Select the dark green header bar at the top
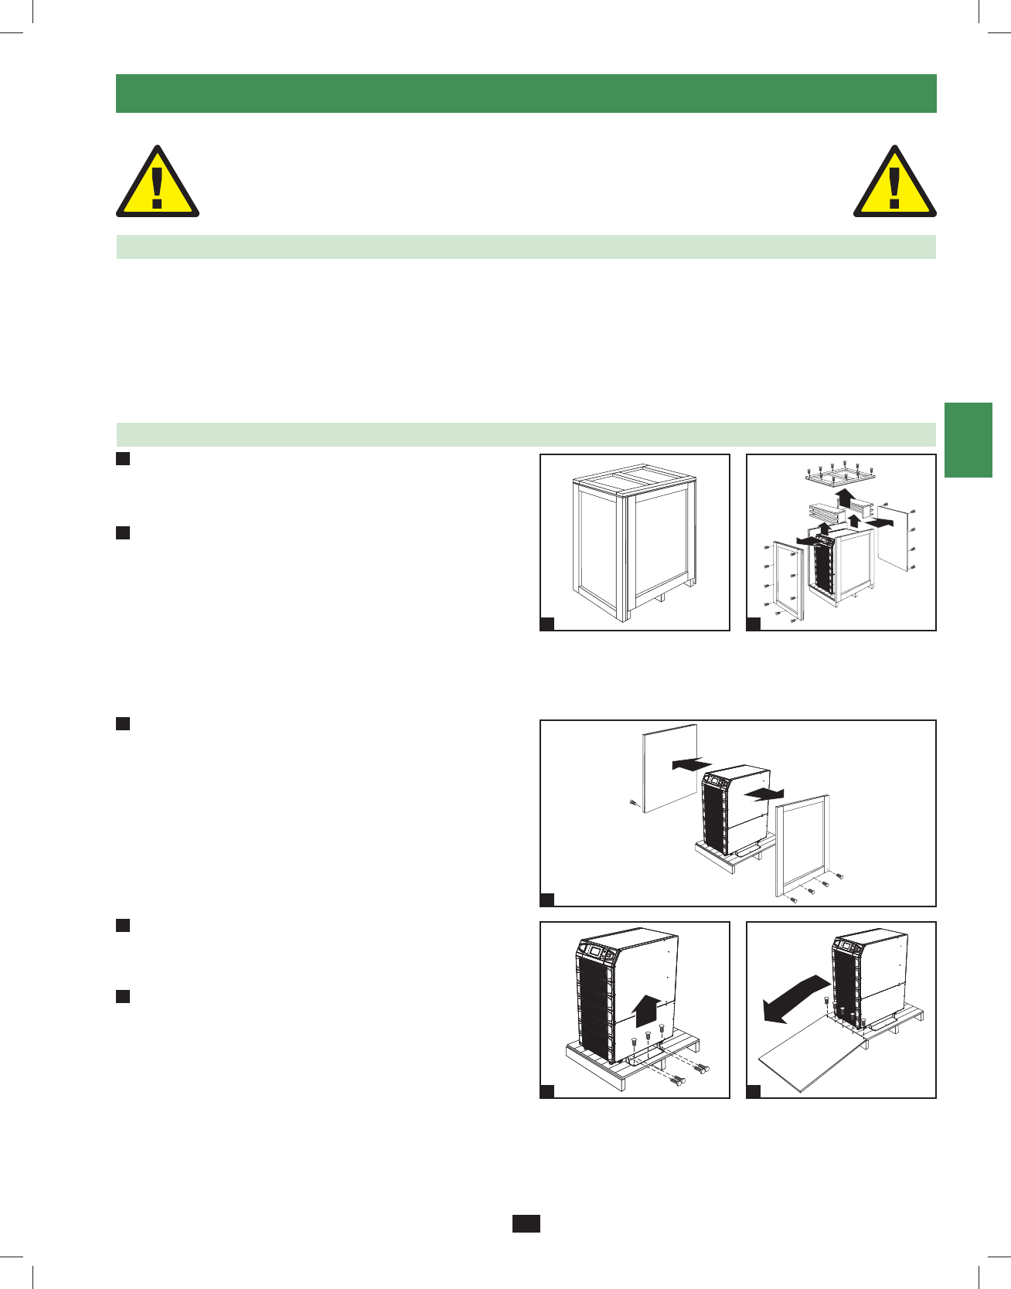[526, 94]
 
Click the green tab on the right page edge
[968, 440]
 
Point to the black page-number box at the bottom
[526, 1223]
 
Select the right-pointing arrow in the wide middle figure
[763, 794]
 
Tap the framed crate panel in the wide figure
[802, 844]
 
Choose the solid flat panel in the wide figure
[670, 768]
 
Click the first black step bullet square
[122, 459]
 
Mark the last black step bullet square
[122, 996]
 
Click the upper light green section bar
[526, 247]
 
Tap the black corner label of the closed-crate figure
[546, 624]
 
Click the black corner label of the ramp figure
[753, 1091]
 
